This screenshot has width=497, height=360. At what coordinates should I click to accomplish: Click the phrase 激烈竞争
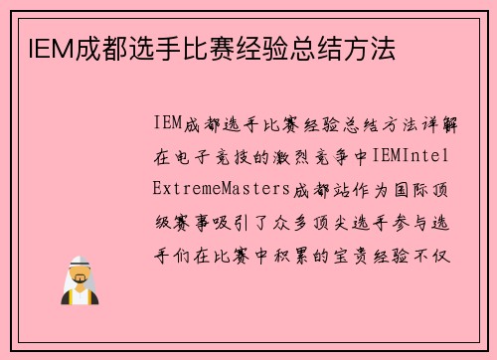[x=307, y=156]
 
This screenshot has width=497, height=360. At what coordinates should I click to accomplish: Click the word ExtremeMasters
[x=218, y=188]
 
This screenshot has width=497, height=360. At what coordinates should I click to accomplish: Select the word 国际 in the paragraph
[x=405, y=188]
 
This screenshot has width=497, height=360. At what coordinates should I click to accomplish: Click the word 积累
[x=306, y=252]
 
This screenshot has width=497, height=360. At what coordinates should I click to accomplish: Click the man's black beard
[x=79, y=282]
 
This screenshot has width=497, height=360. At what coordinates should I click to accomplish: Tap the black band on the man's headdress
[x=79, y=261]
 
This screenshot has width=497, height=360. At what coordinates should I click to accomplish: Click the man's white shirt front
[x=79, y=295]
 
